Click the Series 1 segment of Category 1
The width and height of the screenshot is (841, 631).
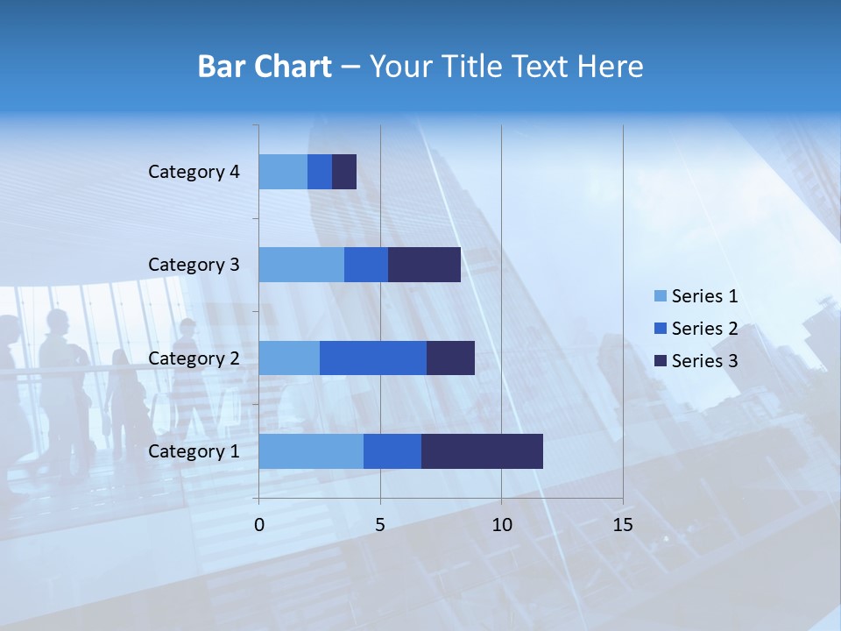[311, 450]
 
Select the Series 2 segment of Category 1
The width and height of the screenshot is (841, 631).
[392, 450]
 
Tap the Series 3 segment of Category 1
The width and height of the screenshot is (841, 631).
[482, 450]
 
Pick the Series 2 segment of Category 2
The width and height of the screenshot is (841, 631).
[373, 358]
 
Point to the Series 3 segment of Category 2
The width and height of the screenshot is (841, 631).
[450, 358]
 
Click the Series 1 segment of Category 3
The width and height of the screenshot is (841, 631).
[301, 264]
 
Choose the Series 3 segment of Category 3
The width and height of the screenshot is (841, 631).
[424, 264]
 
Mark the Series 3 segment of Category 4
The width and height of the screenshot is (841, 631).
[344, 171]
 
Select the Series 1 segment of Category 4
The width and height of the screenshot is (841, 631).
[283, 171]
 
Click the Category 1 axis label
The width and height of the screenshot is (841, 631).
[194, 451]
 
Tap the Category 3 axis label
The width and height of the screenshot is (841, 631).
[194, 265]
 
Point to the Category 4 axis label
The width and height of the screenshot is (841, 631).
[194, 172]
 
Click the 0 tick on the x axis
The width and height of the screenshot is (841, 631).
[259, 525]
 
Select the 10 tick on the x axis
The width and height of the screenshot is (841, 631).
[501, 525]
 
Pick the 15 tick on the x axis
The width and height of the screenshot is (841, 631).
[622, 525]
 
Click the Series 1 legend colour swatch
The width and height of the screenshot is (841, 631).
[660, 296]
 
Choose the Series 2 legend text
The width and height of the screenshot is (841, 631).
[704, 329]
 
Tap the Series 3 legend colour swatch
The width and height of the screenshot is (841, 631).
[660, 360]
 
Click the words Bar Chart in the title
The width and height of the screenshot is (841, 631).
[265, 67]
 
